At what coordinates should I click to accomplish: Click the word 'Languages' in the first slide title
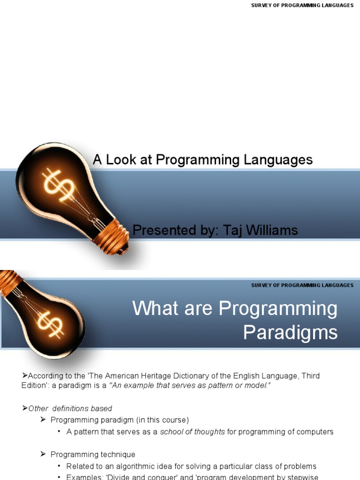tap(281, 160)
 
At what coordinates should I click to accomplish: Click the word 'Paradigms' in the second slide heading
tap(290, 332)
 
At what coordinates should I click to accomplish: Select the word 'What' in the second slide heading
tap(152, 308)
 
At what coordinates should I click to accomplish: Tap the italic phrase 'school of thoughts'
tap(192, 432)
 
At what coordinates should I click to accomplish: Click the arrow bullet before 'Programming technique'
tap(43, 454)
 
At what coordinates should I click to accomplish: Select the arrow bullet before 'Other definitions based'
tap(25, 408)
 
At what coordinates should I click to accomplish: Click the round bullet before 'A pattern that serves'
tap(60, 432)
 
